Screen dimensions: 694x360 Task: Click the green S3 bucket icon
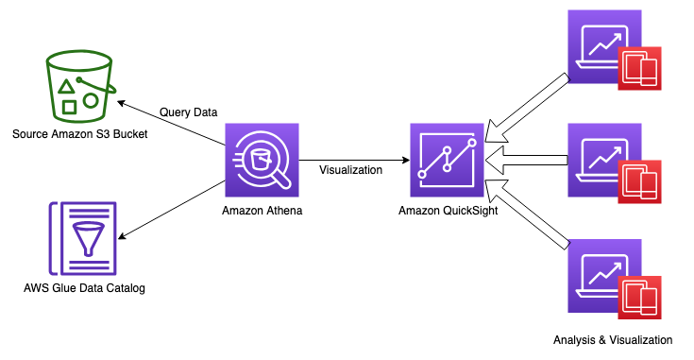(79, 86)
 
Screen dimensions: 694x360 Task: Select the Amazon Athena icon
(262, 160)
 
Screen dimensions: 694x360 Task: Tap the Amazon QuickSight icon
(447, 160)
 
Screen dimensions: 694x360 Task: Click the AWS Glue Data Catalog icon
(83, 239)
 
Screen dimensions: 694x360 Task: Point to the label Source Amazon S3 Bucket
(80, 134)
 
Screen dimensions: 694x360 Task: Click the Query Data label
(189, 112)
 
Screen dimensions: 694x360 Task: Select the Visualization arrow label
(351, 170)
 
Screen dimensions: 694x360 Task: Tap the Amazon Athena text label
(262, 211)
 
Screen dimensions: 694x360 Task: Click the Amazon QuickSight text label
(449, 211)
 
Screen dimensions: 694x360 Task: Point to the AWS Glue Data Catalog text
(85, 288)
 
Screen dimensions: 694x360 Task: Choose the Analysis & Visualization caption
(613, 340)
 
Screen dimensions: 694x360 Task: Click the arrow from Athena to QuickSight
(354, 160)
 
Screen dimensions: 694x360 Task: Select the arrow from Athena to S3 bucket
(171, 123)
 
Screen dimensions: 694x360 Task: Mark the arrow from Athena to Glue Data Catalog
(172, 210)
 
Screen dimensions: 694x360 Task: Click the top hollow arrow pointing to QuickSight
(527, 109)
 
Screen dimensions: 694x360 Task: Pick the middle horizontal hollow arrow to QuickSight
(527, 160)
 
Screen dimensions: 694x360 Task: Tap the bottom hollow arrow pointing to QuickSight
(527, 214)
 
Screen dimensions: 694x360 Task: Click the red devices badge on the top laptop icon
(639, 69)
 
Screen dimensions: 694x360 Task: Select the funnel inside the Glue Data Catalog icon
(89, 238)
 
